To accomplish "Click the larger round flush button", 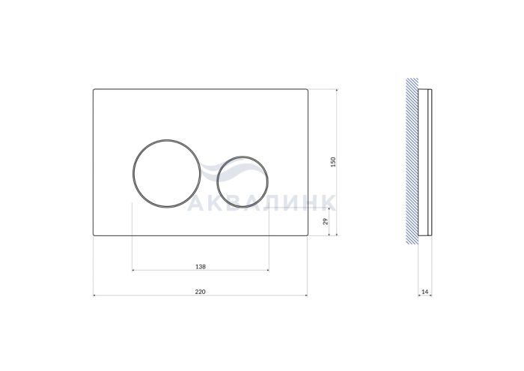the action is pyautogui.click(x=167, y=140).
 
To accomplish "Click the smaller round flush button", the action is pyautogui.click(x=243, y=157).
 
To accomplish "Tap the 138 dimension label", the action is pyautogui.click(x=201, y=267).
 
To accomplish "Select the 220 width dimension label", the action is pyautogui.click(x=200, y=292).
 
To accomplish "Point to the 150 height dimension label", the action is pyautogui.click(x=333, y=162).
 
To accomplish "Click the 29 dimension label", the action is pyautogui.click(x=326, y=221).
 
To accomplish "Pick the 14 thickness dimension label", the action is pyautogui.click(x=424, y=292).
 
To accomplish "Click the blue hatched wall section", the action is pyautogui.click(x=412, y=160).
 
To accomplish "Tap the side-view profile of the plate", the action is pyautogui.click(x=425, y=162).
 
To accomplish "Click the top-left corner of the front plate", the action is pyautogui.click(x=94, y=89).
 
